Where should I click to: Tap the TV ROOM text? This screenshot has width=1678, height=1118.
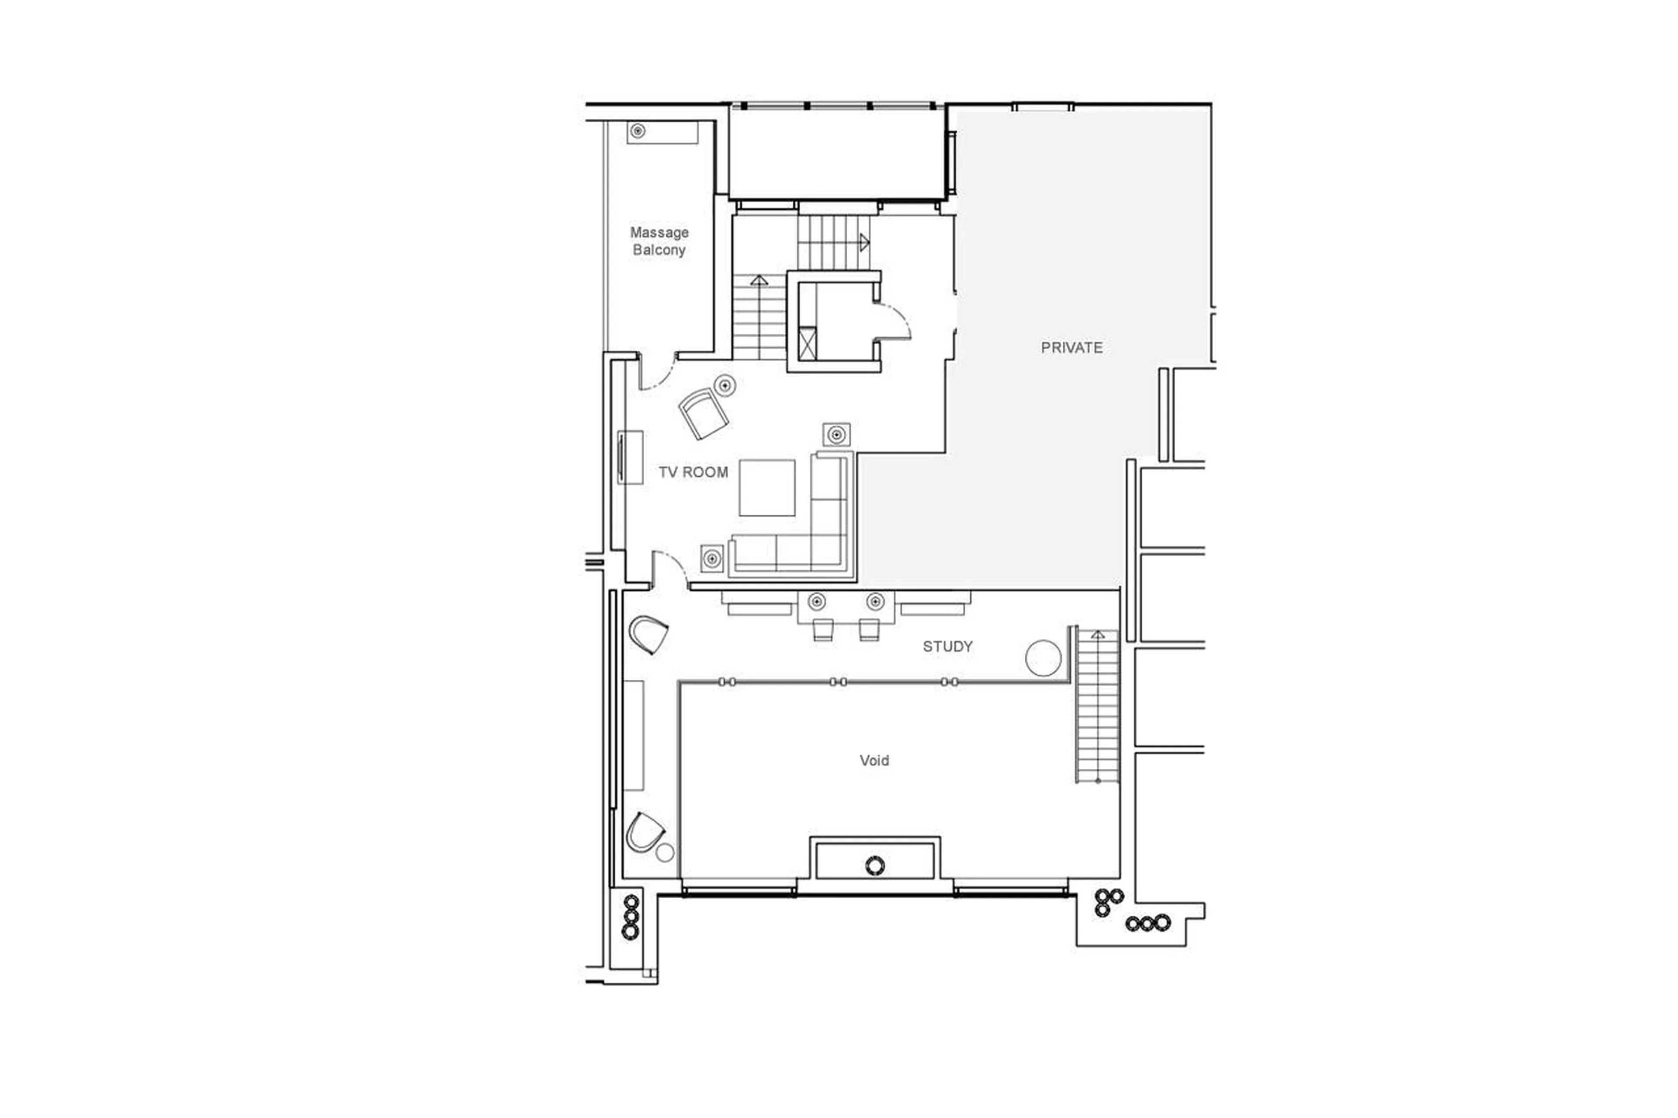(693, 472)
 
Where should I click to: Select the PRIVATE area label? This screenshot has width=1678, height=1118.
(1071, 348)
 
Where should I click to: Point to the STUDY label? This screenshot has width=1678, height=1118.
(947, 647)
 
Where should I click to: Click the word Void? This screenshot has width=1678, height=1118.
(874, 761)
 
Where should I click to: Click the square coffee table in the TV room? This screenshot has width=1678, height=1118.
(766, 488)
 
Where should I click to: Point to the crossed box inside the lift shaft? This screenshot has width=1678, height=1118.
(807, 344)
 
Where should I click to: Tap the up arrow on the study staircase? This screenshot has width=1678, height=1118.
(1098, 634)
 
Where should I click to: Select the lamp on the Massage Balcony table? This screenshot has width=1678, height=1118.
(638, 131)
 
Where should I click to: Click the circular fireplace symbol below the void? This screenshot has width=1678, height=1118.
(874, 865)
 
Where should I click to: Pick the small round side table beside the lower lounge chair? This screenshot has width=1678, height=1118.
(665, 852)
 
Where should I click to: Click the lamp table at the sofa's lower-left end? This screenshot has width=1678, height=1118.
(712, 558)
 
